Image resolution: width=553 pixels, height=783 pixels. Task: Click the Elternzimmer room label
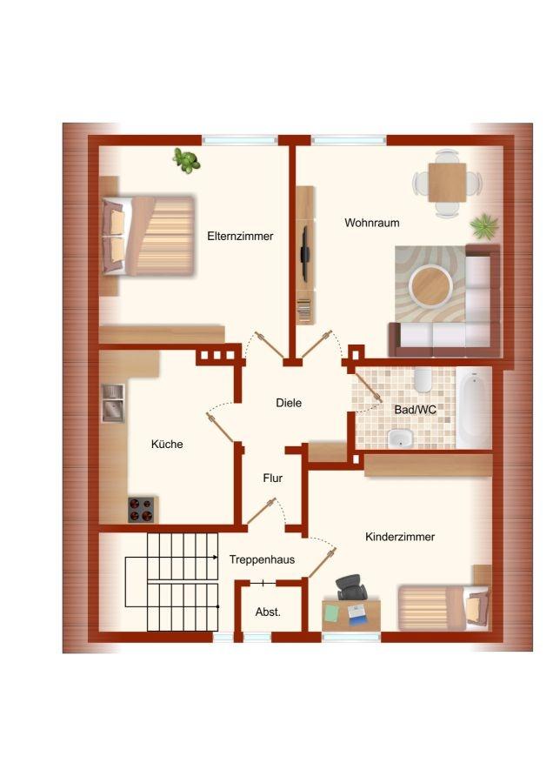click(240, 236)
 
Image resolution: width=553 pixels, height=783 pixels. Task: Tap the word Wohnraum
click(372, 223)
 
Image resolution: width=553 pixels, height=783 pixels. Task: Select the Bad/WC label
click(416, 410)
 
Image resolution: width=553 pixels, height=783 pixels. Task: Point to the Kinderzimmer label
click(400, 537)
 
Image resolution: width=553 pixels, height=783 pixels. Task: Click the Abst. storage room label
click(268, 612)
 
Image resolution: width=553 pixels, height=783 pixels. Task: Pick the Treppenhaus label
click(262, 559)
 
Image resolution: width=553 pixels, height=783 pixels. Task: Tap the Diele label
click(289, 403)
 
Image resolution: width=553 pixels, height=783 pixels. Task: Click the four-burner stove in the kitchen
click(141, 510)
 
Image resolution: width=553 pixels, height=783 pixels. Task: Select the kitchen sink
click(113, 403)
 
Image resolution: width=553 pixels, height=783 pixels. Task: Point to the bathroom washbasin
click(401, 438)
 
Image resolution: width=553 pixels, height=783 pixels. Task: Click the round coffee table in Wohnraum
click(430, 286)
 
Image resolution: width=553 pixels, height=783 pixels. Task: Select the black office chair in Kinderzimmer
click(351, 586)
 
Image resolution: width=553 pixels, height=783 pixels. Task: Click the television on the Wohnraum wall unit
click(304, 251)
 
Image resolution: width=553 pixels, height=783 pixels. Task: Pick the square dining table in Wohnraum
click(447, 183)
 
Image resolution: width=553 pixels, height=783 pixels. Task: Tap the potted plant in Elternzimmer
click(187, 161)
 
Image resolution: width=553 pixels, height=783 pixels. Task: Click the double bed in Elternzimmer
click(148, 236)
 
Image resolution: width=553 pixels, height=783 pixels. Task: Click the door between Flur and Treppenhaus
click(262, 511)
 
